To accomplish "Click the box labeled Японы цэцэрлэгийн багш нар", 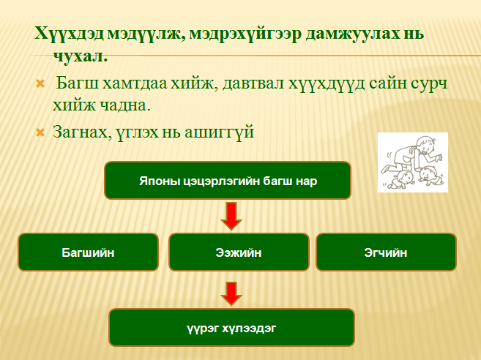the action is [x=228, y=181].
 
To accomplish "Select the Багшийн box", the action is [x=88, y=252].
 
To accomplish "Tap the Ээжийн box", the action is [x=239, y=252].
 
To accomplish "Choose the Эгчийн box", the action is [x=386, y=252].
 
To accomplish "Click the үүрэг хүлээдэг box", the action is [x=231, y=328].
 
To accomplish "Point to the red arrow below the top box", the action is [x=231, y=216].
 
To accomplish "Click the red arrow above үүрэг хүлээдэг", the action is [x=231, y=293].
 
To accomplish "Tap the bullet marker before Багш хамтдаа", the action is [x=40, y=83].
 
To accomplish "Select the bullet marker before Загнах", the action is [x=40, y=132].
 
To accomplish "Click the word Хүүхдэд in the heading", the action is [x=69, y=34].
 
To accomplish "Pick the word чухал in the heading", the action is [x=81, y=57].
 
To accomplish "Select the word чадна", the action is [x=125, y=106].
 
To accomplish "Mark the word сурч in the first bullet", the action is [x=430, y=84].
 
